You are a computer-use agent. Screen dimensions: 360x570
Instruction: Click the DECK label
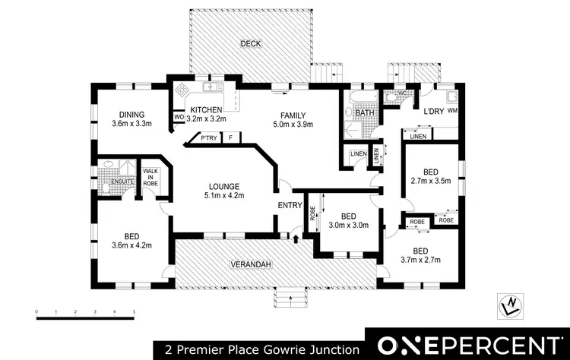[x=251, y=44]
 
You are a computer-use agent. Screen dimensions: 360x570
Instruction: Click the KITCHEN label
[x=207, y=109]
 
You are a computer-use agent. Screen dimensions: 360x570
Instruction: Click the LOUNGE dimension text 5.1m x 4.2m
[x=224, y=195]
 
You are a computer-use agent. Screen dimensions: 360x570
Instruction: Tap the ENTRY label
[x=291, y=206]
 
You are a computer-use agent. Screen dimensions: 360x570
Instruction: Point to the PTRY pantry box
[x=208, y=138]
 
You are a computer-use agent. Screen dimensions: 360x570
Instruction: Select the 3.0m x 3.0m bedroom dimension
[x=348, y=225]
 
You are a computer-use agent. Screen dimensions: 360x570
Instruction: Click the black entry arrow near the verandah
[x=296, y=238]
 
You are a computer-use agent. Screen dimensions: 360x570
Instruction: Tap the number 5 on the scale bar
[x=135, y=312]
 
